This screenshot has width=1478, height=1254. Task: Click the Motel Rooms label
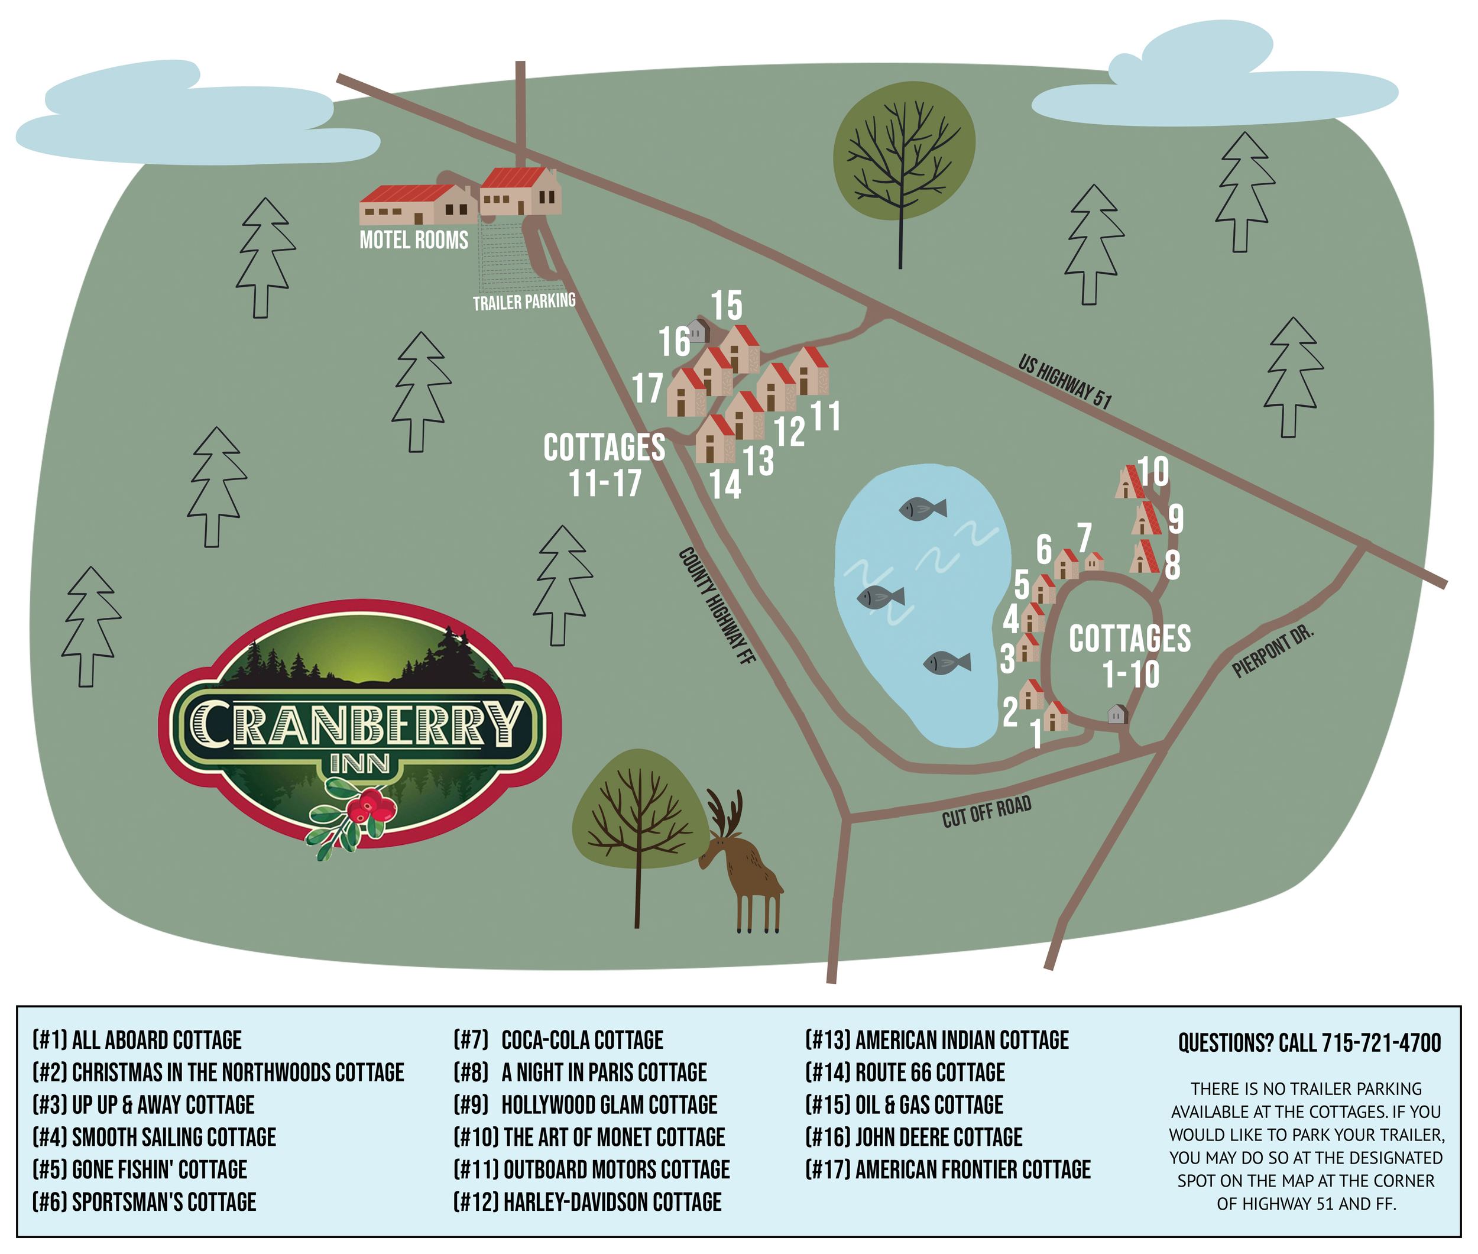coord(414,240)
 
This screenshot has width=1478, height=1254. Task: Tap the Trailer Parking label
coord(524,302)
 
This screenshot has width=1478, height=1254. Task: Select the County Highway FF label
coord(716,605)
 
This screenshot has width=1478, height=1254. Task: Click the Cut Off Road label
coord(986,812)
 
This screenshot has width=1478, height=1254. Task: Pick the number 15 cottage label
coord(727,306)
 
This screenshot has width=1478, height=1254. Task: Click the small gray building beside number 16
coord(698,331)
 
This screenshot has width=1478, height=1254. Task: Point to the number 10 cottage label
coord(1153,471)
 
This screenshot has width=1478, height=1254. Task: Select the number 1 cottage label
coord(1036,734)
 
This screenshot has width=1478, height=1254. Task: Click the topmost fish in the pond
coord(922,508)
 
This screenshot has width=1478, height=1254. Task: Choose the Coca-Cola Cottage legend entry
coord(558,1040)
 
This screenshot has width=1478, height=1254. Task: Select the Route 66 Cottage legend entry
coord(905,1072)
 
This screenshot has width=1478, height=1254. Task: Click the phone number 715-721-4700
coord(1380,1043)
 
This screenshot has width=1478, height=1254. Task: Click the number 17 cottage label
coord(647,389)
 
